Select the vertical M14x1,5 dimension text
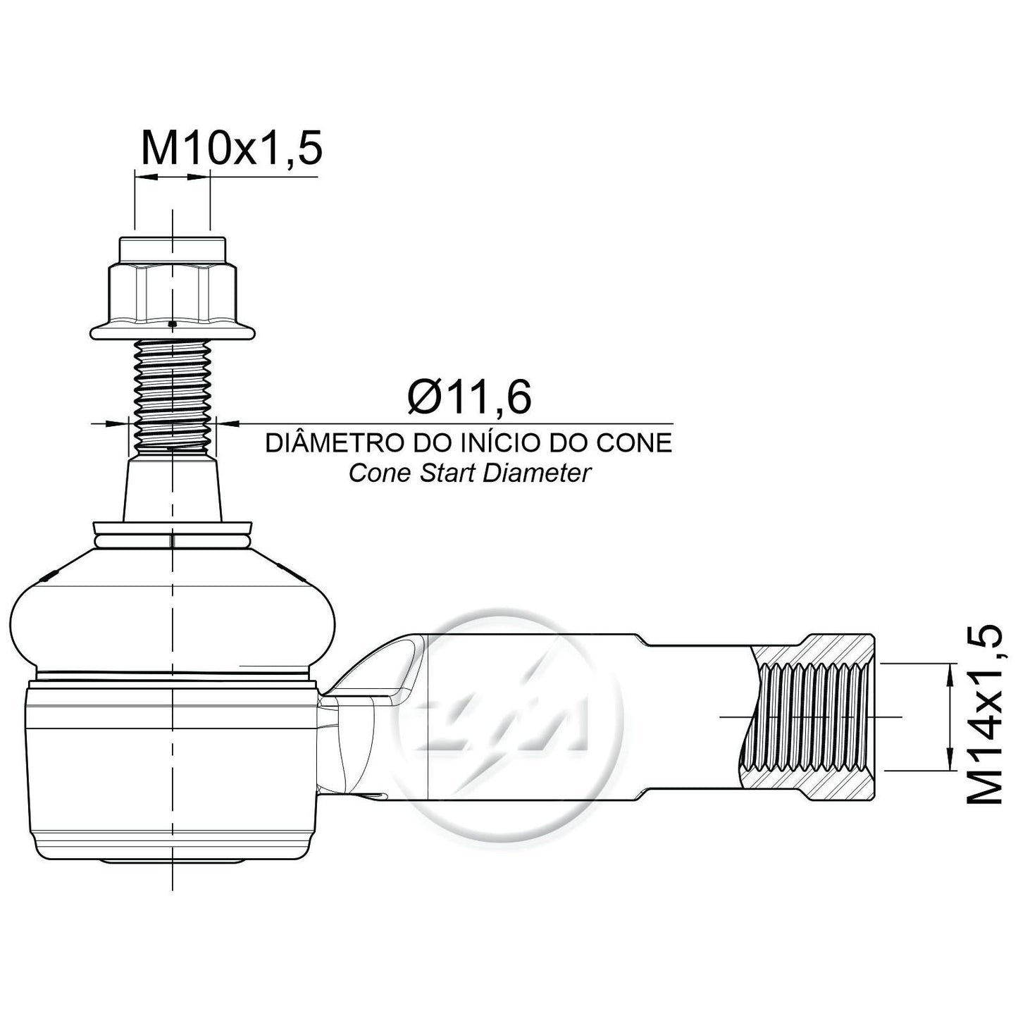click(983, 715)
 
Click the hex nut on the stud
click(172, 294)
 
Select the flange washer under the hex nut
click(172, 332)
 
